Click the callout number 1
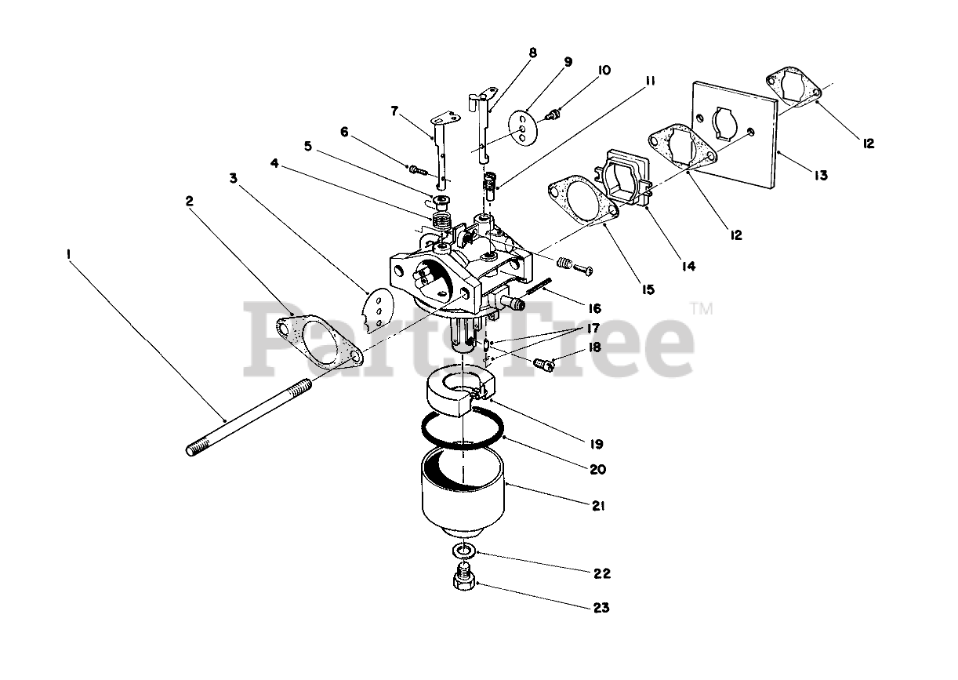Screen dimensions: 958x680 [x=70, y=254]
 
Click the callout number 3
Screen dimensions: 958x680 [x=234, y=179]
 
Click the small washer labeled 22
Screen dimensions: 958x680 [x=463, y=551]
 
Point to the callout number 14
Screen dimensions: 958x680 [x=688, y=266]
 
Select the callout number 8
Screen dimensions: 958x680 [x=533, y=53]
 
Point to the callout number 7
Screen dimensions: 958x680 [x=395, y=111]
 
